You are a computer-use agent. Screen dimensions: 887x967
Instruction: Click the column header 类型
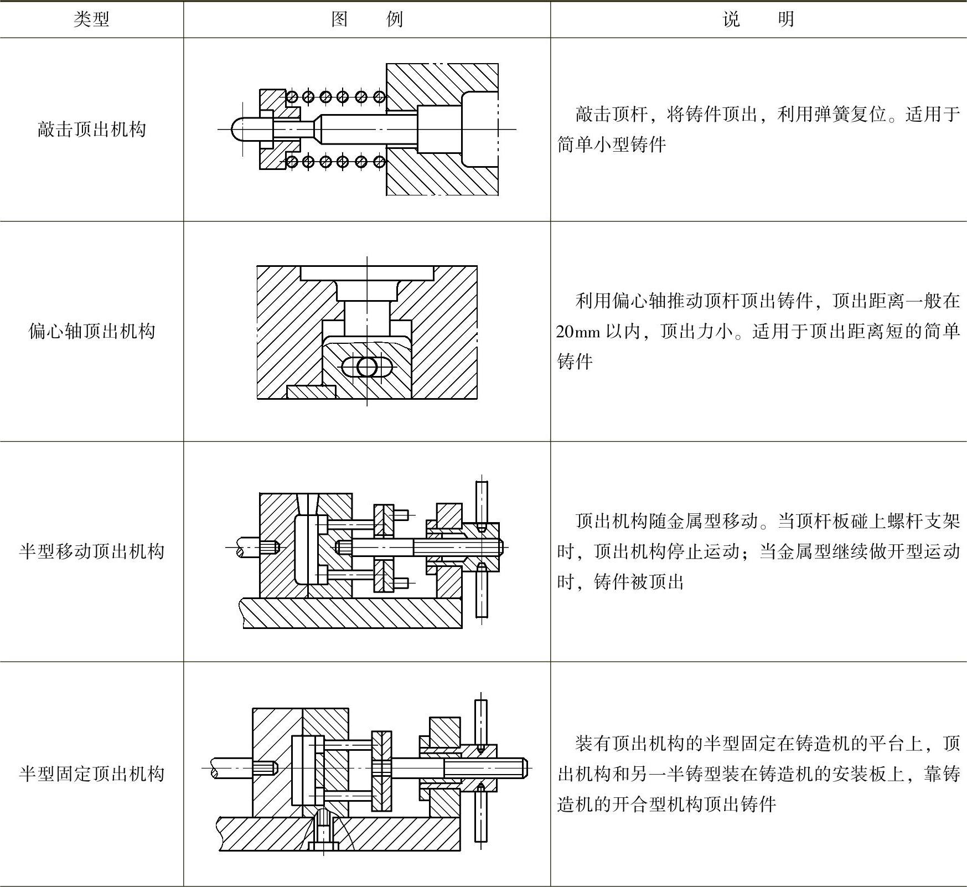coord(91,20)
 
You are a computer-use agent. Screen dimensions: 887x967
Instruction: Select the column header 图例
coord(366,20)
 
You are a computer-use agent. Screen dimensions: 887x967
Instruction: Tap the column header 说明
coord(758,20)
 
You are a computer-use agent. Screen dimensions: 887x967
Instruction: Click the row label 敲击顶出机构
coord(91,130)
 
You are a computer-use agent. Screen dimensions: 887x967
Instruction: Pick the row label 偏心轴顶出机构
coord(91,331)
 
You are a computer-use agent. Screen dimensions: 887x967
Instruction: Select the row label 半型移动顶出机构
coord(91,551)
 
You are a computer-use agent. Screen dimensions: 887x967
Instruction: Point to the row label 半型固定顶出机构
coord(91,773)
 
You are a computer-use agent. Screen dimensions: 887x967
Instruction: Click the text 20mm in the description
coord(578,332)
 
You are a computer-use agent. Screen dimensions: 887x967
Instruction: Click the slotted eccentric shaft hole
coord(367,367)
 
